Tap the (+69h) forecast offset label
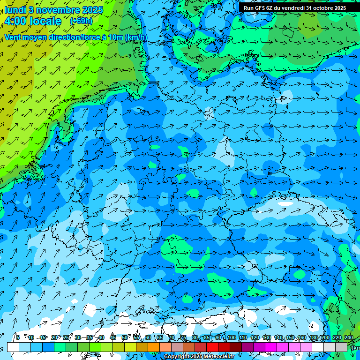(x=81, y=21)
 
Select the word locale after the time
(x=45, y=21)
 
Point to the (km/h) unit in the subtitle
(x=136, y=37)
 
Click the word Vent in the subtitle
(x=13, y=37)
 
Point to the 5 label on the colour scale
(x=18, y=337)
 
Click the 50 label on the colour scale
(x=125, y=337)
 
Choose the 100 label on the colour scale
(x=231, y=337)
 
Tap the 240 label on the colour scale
(x=348, y=337)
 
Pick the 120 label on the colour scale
(x=255, y=337)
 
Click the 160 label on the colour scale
(x=301, y=337)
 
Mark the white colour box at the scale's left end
(x=13, y=347)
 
